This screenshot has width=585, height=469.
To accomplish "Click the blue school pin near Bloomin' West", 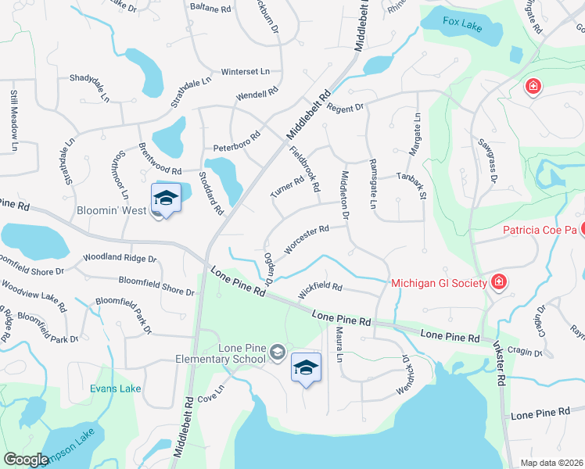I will [x=166, y=199].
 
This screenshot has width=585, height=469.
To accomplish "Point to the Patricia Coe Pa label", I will [x=538, y=231].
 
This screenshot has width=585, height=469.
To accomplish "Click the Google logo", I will [x=26, y=460].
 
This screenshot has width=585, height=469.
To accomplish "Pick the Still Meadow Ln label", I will [x=14, y=120].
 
